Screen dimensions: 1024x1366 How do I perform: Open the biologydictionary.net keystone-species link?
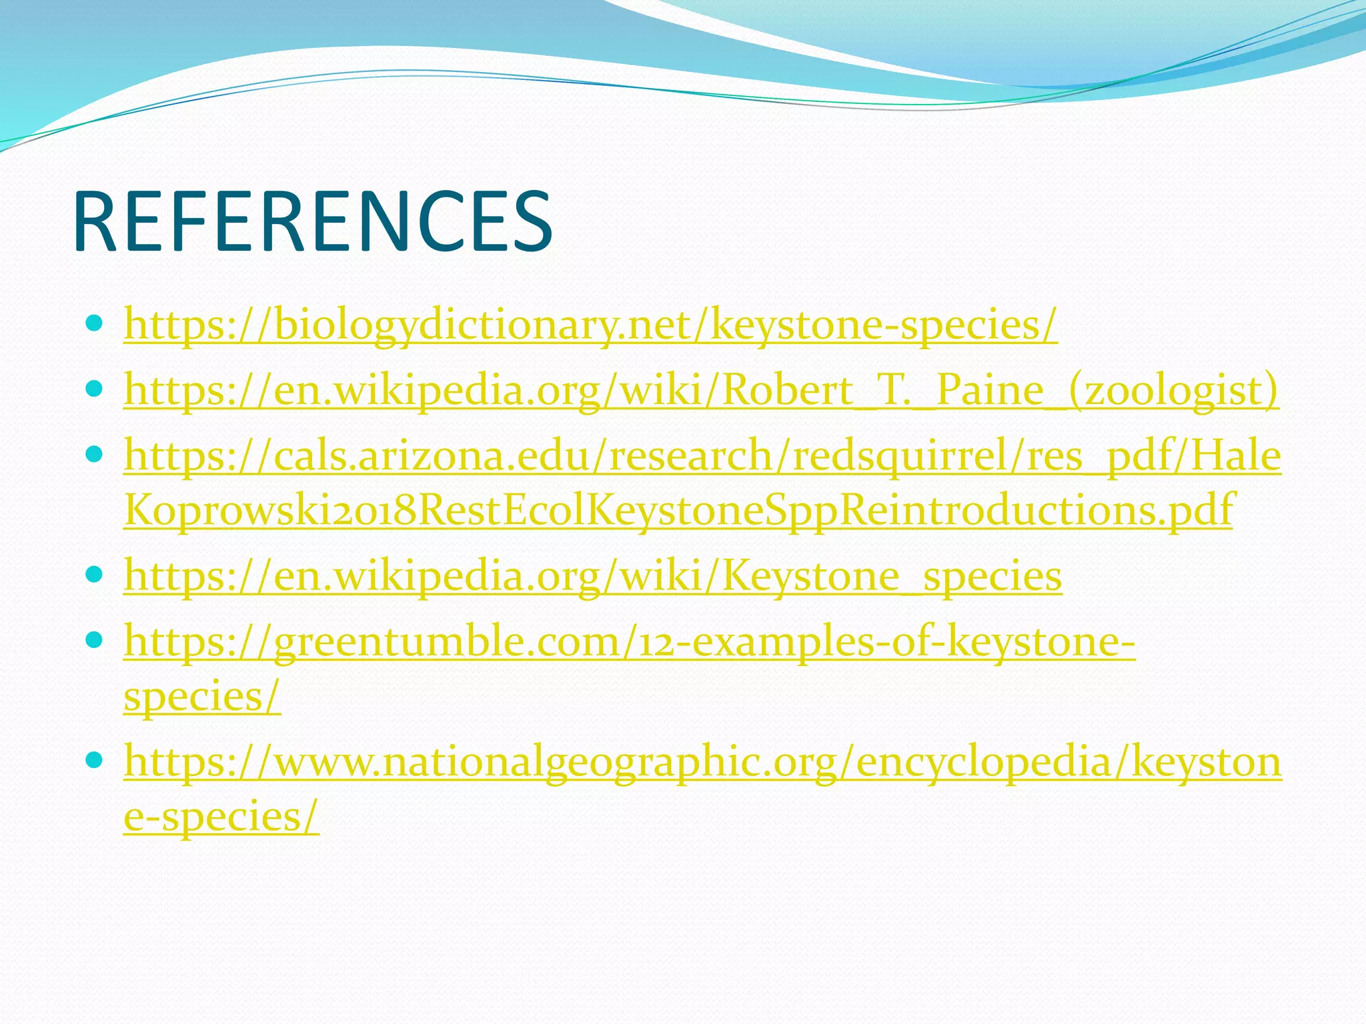tap(590, 325)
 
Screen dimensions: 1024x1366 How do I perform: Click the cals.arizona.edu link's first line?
tap(702, 455)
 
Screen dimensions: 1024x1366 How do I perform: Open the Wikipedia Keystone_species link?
tap(593, 575)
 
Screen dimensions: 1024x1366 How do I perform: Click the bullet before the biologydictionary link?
tap(94, 324)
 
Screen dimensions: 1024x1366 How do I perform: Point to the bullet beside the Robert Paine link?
tap(94, 389)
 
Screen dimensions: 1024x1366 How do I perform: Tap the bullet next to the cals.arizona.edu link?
tap(94, 455)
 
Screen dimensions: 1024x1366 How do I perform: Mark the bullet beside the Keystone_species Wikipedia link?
tap(94, 575)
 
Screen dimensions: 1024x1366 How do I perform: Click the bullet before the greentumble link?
tap(94, 640)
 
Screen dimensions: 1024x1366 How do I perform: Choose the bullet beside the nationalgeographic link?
tap(94, 760)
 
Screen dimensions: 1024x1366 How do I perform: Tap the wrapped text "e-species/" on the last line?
tap(221, 815)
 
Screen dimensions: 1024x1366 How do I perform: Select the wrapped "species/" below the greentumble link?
tap(202, 697)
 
